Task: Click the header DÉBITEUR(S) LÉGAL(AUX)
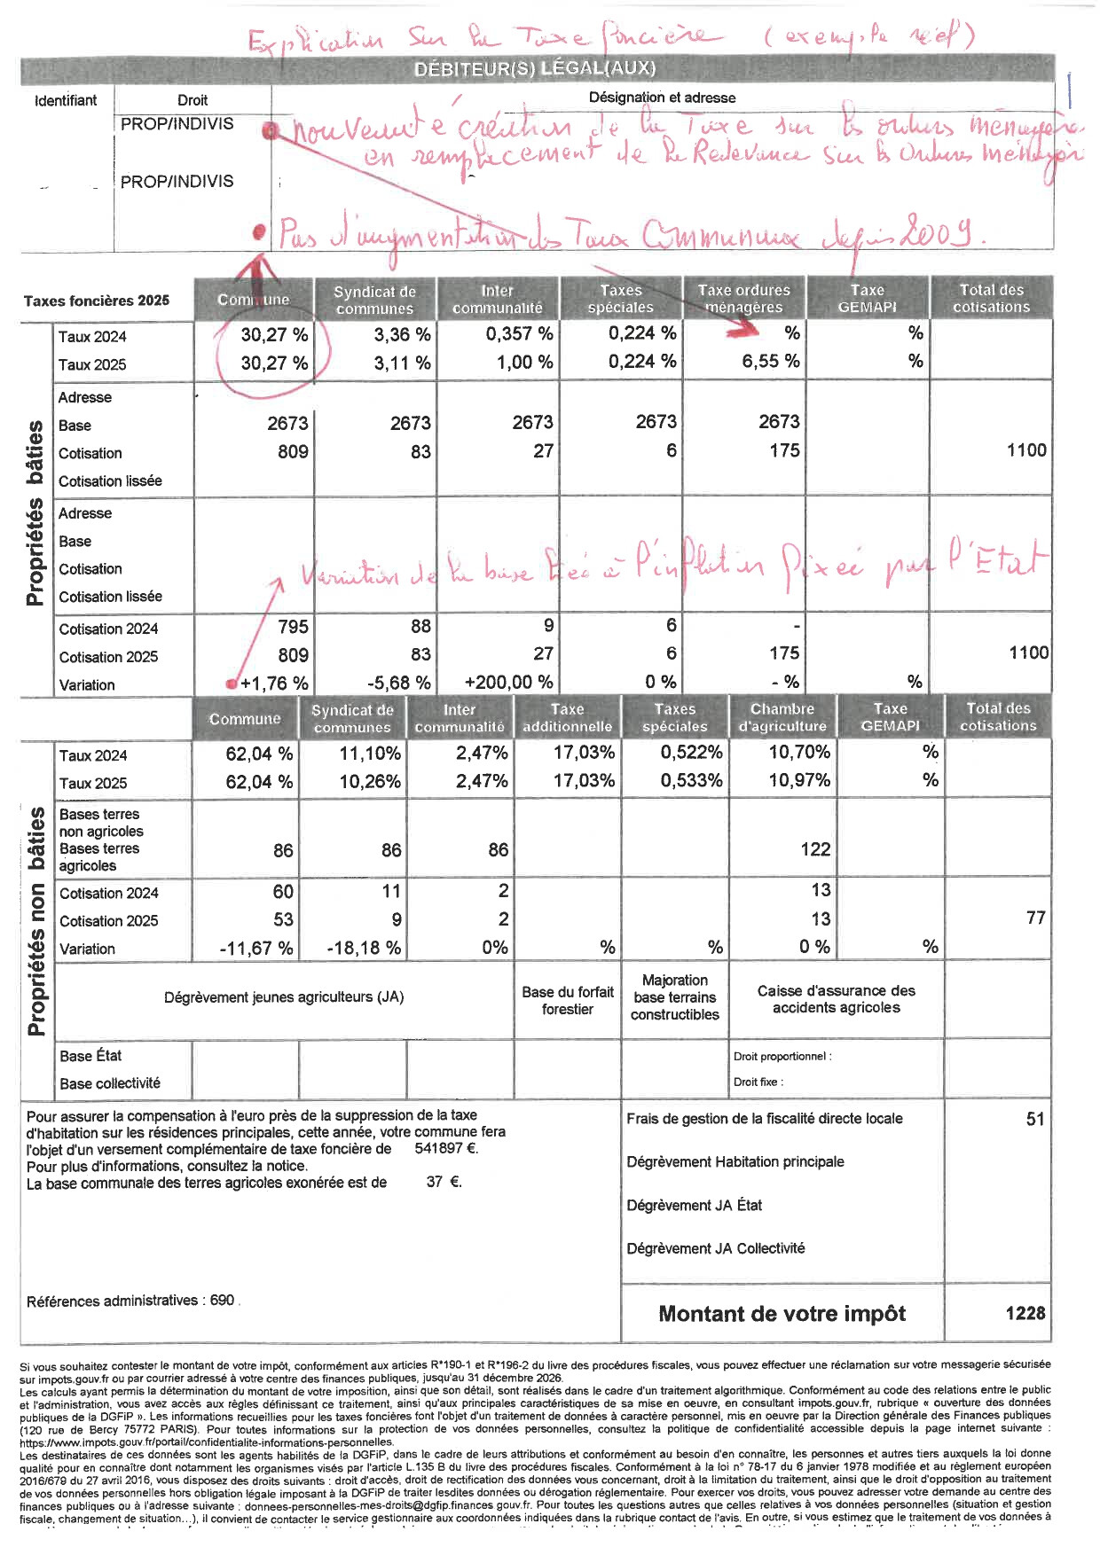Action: pos(535,68)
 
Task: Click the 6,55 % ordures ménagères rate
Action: pos(770,362)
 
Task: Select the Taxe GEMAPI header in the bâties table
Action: pos(867,298)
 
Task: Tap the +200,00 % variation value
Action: pos(508,683)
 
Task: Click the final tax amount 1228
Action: pos(1025,1313)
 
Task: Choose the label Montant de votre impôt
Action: pos(782,1314)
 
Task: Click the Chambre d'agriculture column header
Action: pos(782,717)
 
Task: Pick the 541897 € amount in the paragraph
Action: pos(446,1149)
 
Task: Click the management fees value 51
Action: pos(1034,1119)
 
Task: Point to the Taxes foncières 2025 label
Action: pos(96,301)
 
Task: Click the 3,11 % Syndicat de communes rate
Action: pos(401,363)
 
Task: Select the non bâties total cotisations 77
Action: pos(1035,918)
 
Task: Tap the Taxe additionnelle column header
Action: pos(567,717)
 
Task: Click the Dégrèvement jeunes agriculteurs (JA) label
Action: pos(284,997)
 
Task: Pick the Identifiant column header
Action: pos(66,100)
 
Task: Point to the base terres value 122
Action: pos(814,849)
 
